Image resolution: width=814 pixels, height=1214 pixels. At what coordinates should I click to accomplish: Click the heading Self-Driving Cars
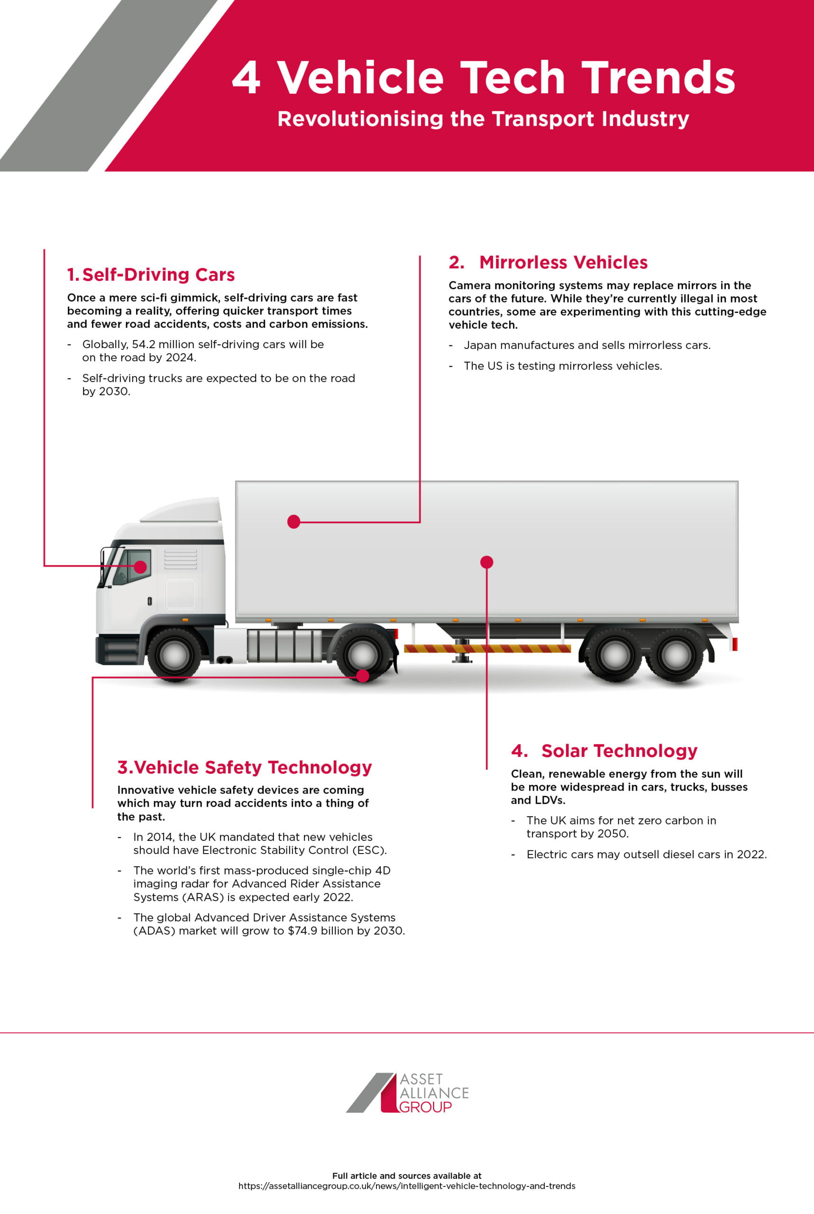coord(158,275)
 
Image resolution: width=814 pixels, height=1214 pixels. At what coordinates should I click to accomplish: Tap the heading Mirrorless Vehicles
coord(563,263)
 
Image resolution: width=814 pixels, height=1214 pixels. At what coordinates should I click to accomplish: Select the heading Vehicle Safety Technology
coord(252,767)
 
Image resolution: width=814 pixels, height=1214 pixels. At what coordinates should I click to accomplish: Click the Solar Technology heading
coord(619,751)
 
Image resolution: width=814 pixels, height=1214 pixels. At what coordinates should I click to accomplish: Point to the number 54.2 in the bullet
coord(143,344)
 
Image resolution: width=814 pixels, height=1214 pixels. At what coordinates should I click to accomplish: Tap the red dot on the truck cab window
coord(140,567)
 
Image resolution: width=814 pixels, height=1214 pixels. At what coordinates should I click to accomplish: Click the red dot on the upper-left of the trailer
coord(294,521)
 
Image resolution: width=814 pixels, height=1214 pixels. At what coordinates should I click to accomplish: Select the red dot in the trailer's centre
coord(486,562)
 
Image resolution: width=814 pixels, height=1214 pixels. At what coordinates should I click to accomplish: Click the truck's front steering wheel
coord(174,655)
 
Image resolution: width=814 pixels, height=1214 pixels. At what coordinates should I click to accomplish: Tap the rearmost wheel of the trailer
coord(676,655)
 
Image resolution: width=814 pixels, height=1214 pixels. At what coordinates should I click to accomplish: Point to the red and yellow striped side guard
coord(487,648)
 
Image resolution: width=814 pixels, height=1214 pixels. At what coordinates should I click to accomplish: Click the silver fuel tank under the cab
coord(284,645)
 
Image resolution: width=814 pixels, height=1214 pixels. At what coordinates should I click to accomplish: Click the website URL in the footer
coord(406,1186)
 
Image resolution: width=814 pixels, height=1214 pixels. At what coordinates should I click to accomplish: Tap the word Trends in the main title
coord(658,78)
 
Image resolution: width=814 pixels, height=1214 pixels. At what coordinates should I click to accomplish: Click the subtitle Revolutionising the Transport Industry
coord(483,119)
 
